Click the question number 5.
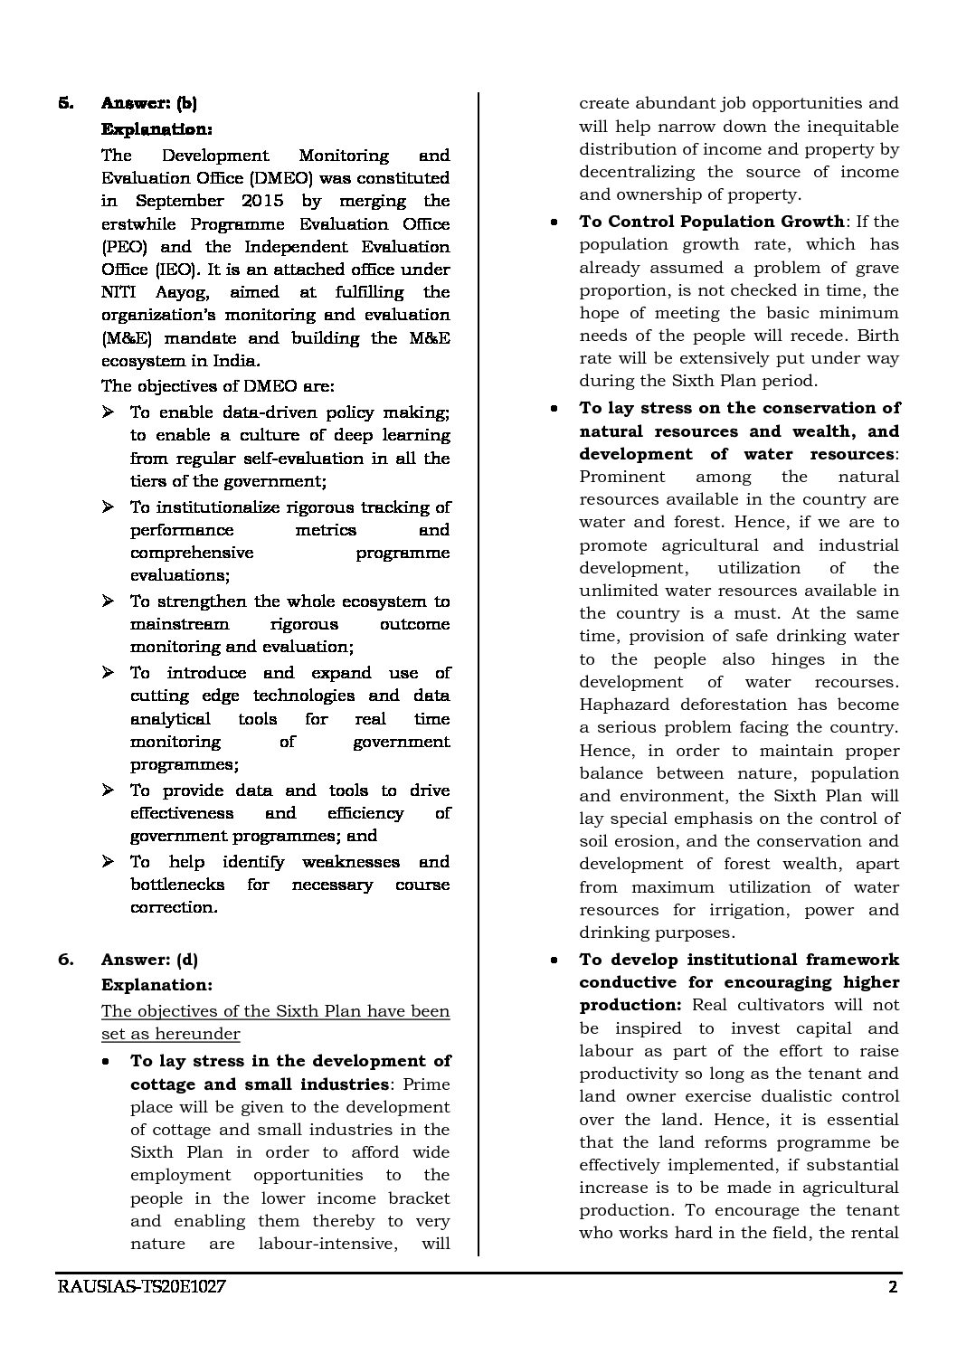point(65,103)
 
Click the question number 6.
point(65,960)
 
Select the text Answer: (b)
point(149,103)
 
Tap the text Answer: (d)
point(149,960)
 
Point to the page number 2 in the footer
point(893,1313)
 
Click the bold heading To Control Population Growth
point(711,222)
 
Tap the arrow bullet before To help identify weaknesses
point(109,862)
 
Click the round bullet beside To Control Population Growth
point(553,223)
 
